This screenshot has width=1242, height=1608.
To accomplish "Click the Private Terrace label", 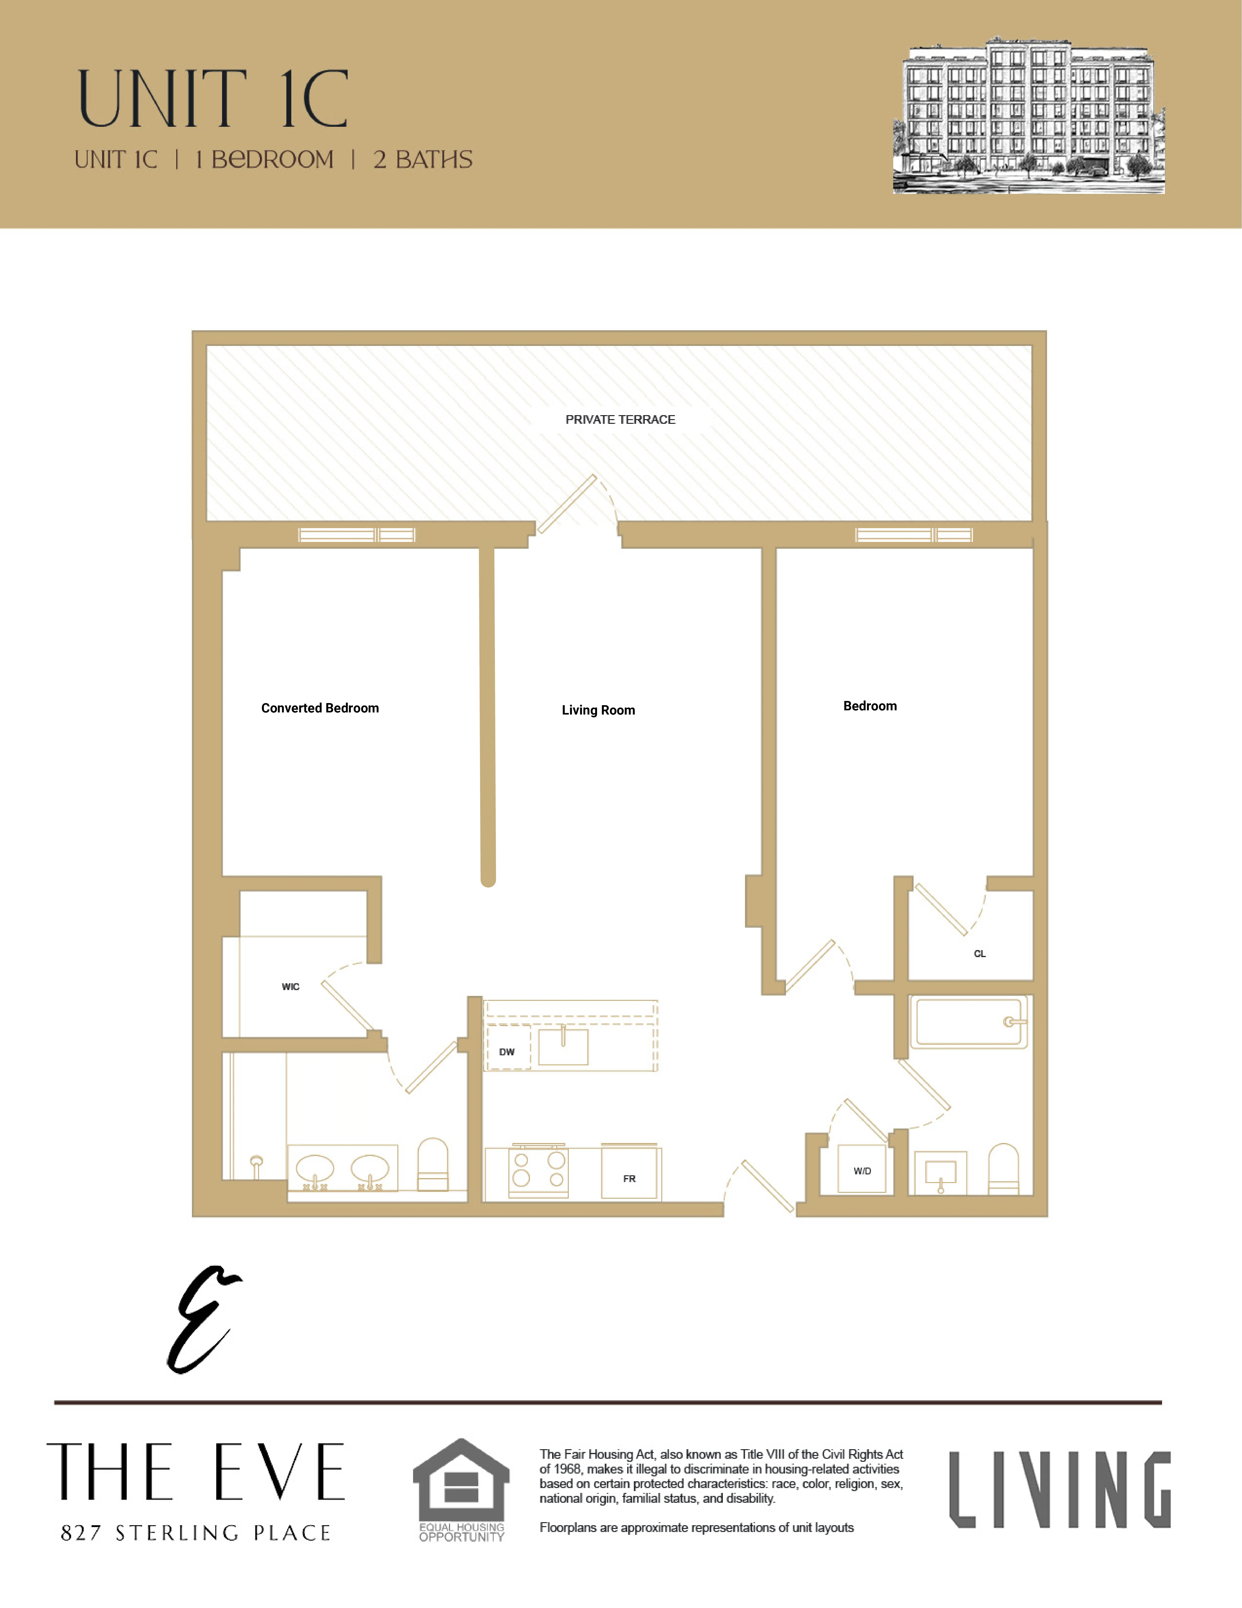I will [620, 420].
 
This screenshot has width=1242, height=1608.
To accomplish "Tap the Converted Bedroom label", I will [320, 708].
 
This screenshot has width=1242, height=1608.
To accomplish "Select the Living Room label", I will [598, 711].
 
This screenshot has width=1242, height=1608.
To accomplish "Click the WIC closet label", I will [291, 987].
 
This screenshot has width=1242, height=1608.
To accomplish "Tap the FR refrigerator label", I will [629, 1179].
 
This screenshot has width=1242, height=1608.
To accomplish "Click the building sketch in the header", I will [1029, 116].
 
